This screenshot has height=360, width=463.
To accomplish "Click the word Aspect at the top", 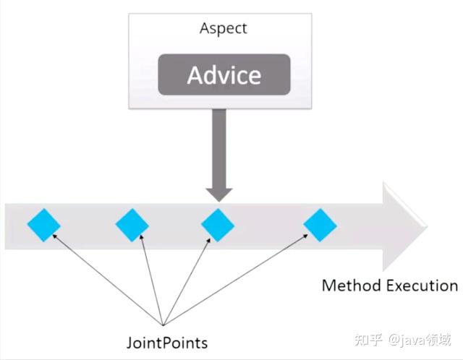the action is (224, 29).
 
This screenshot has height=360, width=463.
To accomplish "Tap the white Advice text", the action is (224, 75).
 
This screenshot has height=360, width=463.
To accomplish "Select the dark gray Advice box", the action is (224, 74).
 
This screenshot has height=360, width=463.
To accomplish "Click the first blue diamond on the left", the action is (44, 225).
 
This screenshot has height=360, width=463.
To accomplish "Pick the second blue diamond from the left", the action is (132, 225).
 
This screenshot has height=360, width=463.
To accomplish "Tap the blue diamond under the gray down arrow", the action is (218, 225).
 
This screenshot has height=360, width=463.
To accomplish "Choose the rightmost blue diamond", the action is (320, 225).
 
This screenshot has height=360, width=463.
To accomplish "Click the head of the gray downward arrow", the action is (219, 194).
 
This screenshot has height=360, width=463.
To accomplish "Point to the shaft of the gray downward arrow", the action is (219, 148).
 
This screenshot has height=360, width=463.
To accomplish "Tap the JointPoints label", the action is (167, 343).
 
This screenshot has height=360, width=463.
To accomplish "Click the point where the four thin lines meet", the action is (163, 325).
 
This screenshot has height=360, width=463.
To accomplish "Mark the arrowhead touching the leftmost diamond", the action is (54, 236).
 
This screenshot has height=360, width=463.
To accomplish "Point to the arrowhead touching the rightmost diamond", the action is (305, 236).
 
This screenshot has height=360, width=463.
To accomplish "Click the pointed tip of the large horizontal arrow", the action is (428, 226).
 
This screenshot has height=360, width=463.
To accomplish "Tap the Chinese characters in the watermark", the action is (368, 340).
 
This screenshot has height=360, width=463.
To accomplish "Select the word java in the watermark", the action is (413, 340).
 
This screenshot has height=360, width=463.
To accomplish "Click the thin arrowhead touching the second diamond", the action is (142, 237).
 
